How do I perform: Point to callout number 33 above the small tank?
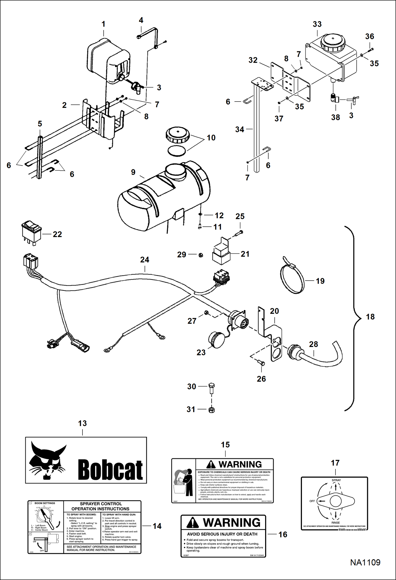[x=317, y=24]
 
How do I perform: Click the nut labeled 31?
[x=211, y=410]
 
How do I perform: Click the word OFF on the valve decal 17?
[x=312, y=501]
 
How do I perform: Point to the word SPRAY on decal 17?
[x=336, y=480]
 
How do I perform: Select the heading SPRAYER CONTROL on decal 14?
[x=101, y=504]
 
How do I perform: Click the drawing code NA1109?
[x=365, y=562]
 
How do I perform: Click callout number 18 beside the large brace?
[x=370, y=317]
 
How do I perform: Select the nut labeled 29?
[x=201, y=255]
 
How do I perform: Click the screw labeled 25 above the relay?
[x=238, y=233]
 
